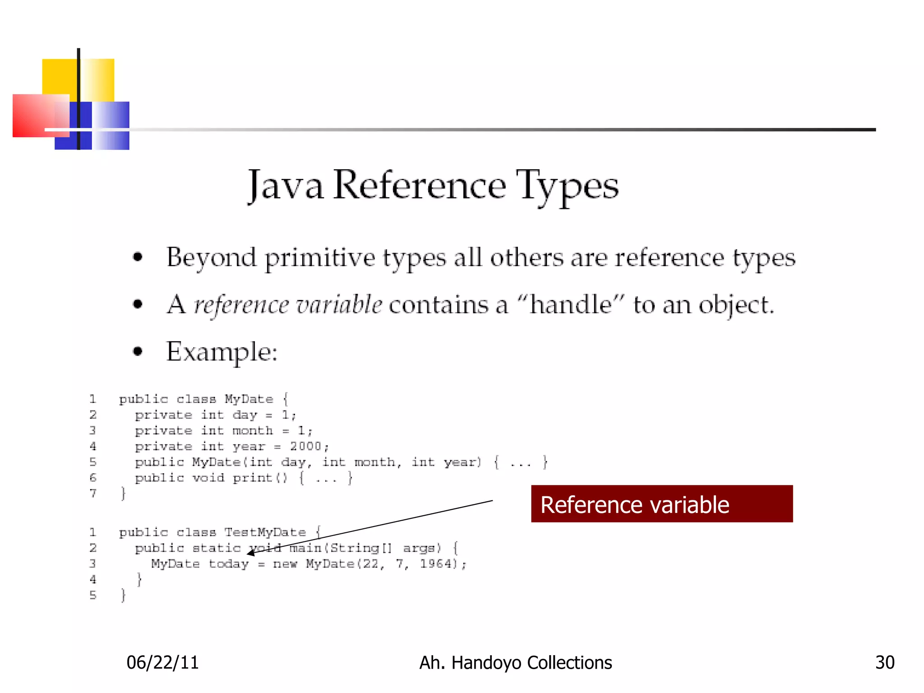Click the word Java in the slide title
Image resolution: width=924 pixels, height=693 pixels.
point(285,186)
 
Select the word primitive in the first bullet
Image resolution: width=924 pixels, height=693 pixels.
point(319,258)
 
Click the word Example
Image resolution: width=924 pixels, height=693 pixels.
point(221,352)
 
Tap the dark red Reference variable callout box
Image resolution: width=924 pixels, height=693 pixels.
point(661,504)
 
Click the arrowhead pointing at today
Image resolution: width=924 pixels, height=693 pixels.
point(251,553)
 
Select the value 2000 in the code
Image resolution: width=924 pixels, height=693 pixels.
point(305,446)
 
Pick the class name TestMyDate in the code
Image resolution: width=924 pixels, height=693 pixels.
point(265,532)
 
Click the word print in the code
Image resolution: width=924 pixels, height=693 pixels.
point(253,478)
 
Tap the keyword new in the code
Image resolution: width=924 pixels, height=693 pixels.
point(285,564)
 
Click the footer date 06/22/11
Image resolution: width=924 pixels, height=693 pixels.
point(162,662)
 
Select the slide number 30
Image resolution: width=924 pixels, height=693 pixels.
point(884,662)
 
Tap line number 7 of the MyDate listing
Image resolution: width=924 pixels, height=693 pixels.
point(93,493)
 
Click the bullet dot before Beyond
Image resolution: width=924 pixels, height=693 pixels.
point(138,257)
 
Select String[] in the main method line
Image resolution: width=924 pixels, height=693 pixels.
point(361,548)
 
